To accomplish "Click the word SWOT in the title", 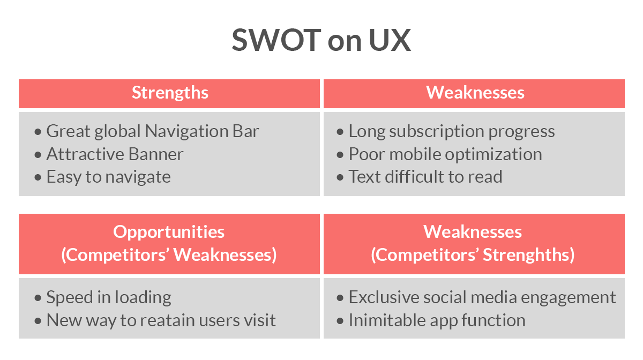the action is (x=276, y=40).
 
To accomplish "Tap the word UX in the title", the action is (x=390, y=40).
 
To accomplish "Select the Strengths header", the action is (x=170, y=93).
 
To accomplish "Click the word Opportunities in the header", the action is (x=169, y=232).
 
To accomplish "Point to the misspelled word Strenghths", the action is (x=528, y=255).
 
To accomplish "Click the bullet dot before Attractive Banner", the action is (x=38, y=155).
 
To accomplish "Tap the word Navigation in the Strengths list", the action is (x=186, y=132).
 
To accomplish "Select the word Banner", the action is (x=156, y=154).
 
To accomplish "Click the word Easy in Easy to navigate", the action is (x=64, y=177).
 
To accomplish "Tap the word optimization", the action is (x=494, y=155).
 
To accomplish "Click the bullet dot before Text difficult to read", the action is (x=340, y=177).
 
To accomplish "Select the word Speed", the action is (x=70, y=298).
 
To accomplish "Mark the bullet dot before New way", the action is (x=38, y=321).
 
